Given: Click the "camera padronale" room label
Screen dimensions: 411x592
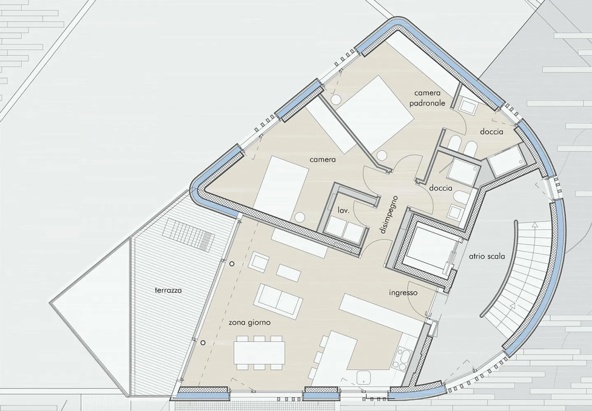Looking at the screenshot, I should [430, 98].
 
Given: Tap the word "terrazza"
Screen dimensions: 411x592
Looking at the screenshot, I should [168, 290].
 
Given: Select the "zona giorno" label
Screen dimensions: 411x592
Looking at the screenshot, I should [250, 322].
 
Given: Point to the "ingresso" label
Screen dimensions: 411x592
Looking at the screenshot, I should [403, 293].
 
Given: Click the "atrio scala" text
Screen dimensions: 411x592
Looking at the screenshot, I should [487, 256].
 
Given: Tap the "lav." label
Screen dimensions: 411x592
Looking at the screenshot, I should [344, 210].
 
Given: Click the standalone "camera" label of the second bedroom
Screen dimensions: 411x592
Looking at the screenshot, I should [323, 159].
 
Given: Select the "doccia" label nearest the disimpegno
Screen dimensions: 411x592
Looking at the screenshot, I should [441, 188].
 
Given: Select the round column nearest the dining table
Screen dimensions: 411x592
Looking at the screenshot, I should [203, 342].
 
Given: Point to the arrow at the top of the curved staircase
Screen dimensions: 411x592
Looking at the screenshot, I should [534, 225].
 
